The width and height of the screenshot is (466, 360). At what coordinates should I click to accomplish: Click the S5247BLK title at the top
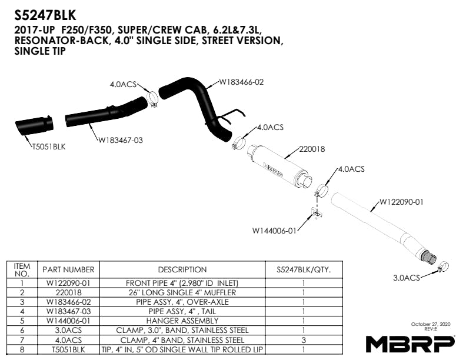(x=45, y=15)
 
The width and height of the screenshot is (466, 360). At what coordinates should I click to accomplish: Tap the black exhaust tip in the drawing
(x=34, y=125)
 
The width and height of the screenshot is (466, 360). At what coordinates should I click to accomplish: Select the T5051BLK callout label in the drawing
(x=49, y=146)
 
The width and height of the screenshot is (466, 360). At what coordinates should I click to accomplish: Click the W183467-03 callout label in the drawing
(x=121, y=140)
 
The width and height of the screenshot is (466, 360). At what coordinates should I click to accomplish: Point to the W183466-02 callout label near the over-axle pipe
(x=241, y=82)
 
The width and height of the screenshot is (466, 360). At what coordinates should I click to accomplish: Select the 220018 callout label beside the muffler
(x=312, y=149)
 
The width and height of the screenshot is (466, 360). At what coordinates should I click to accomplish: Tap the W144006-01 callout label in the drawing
(x=274, y=231)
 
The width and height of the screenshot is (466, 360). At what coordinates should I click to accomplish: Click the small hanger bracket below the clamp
(x=317, y=213)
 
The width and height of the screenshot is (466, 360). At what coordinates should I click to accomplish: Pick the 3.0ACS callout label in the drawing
(x=406, y=278)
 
